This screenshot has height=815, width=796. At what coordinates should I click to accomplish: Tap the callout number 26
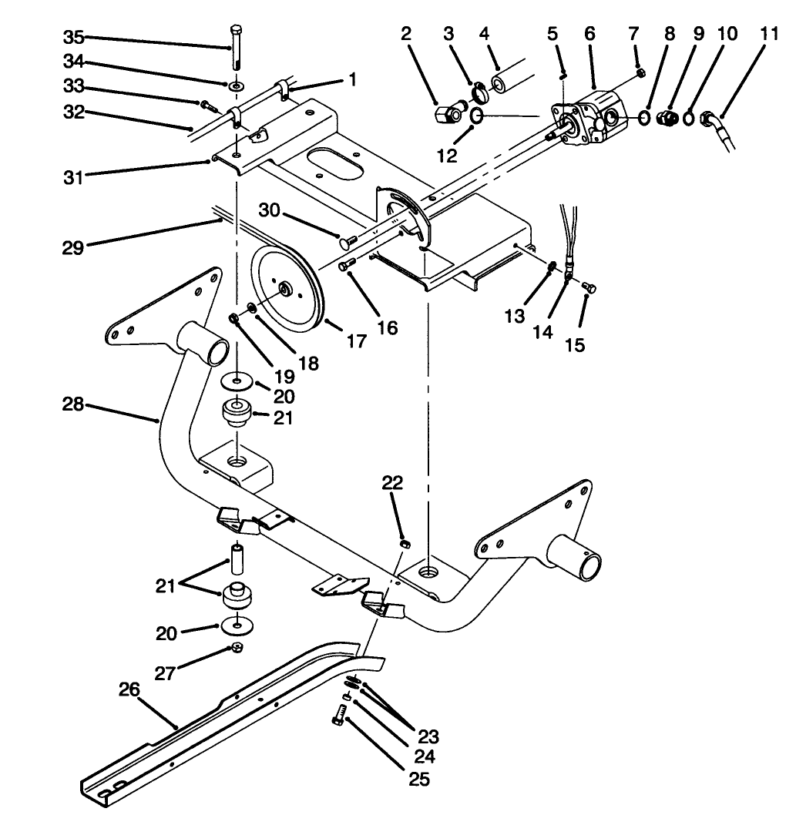(x=129, y=689)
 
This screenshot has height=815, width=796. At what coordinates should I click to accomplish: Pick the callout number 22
(x=392, y=482)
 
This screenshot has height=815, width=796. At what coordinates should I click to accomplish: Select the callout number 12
(x=448, y=155)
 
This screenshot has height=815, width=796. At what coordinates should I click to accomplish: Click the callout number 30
(x=270, y=210)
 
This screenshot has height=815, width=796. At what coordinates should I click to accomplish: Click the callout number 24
(x=424, y=756)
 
